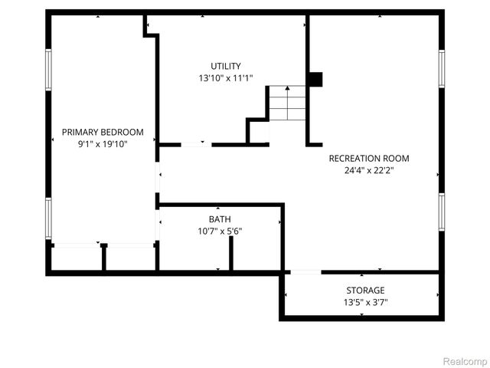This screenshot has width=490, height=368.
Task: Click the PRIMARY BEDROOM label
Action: tap(103, 132)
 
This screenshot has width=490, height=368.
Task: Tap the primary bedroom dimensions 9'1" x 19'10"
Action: tap(103, 143)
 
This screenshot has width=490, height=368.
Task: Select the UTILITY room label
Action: tap(226, 66)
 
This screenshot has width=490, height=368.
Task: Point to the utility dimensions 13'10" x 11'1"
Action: tap(226, 77)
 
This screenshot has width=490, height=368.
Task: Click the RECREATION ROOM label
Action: tap(369, 159)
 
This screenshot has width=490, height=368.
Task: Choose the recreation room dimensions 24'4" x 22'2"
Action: tap(369, 170)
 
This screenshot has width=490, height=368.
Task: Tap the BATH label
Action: tap(220, 219)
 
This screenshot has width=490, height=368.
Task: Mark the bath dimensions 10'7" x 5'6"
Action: tap(220, 231)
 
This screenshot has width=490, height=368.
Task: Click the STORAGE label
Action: tap(365, 291)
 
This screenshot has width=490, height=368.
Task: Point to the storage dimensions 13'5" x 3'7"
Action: tap(365, 302)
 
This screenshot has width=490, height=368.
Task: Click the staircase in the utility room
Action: tap(286, 103)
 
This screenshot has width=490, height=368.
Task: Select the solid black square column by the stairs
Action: tap(315, 79)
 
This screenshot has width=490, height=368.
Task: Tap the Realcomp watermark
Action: tap(465, 360)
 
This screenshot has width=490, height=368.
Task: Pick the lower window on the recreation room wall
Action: tap(441, 211)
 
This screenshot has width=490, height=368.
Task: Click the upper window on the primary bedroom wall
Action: tap(48, 71)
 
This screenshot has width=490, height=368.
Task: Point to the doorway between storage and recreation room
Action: tap(305, 271)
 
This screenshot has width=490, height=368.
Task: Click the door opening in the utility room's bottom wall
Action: tap(195, 144)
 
